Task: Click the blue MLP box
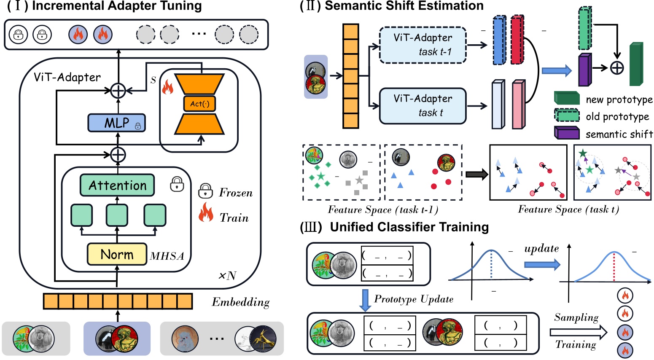116,123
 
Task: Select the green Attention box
117,185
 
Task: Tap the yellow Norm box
117,254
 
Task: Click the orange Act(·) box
199,104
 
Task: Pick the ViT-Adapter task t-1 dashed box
423,45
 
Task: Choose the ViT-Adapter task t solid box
423,106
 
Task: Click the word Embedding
240,302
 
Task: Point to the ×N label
227,276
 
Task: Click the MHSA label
167,256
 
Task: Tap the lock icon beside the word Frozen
205,191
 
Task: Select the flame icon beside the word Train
206,212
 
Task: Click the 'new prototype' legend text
619,100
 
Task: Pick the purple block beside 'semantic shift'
566,133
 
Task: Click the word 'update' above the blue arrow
541,249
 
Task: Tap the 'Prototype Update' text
414,299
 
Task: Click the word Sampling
576,317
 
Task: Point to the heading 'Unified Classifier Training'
409,227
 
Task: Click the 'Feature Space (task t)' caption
568,210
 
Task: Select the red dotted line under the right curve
614,266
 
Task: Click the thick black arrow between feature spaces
476,174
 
